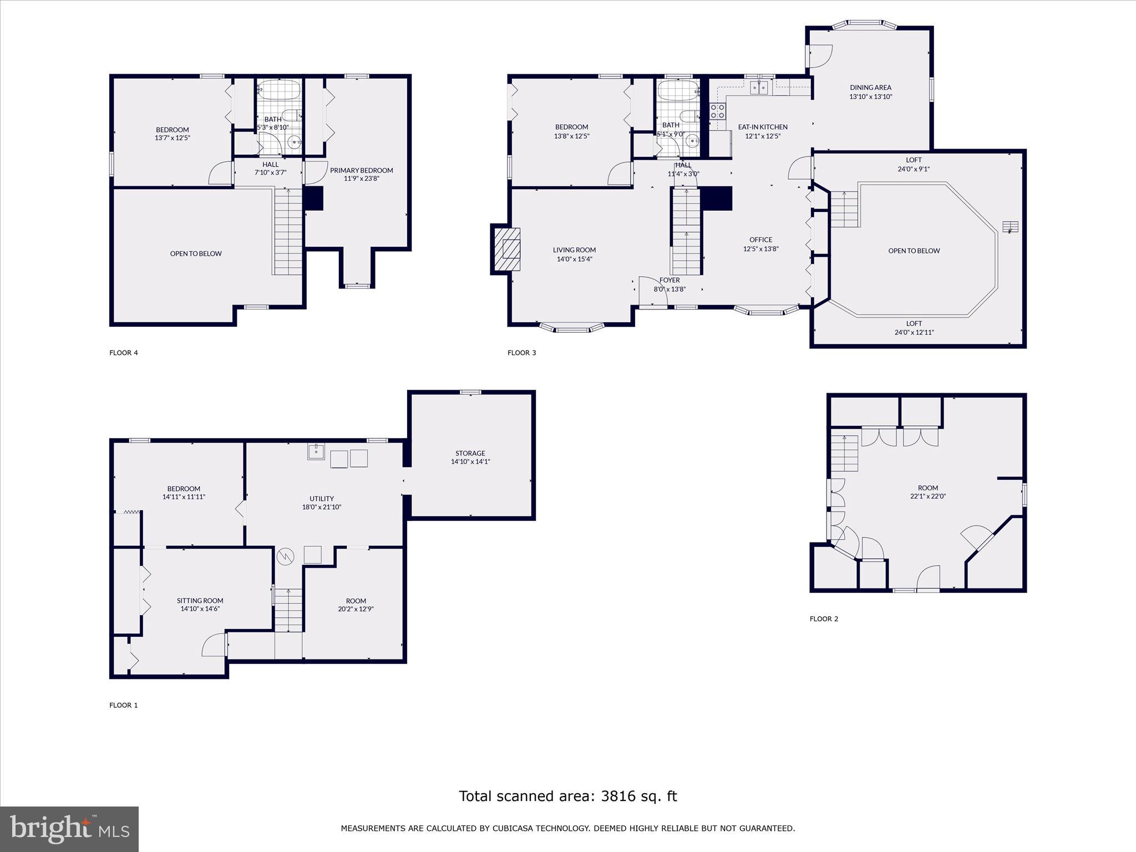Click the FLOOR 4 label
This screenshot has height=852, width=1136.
pyautogui.click(x=123, y=353)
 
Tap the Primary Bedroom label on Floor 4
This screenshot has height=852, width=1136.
pyautogui.click(x=361, y=170)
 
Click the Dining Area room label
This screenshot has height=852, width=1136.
pyautogui.click(x=870, y=88)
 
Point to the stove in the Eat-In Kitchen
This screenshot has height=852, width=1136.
pyautogui.click(x=718, y=111)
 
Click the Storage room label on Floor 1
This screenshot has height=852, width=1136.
pyautogui.click(x=470, y=453)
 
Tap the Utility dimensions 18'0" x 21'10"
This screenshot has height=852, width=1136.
pyautogui.click(x=322, y=507)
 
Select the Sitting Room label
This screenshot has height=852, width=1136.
pyautogui.click(x=200, y=601)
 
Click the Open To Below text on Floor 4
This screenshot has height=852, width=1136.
pyautogui.click(x=196, y=253)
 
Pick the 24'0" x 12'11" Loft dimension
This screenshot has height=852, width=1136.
pyautogui.click(x=914, y=333)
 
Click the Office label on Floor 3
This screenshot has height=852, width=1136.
pyautogui.click(x=760, y=240)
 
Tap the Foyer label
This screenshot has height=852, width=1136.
pyautogui.click(x=670, y=280)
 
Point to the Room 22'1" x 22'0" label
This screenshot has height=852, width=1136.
pyautogui.click(x=927, y=488)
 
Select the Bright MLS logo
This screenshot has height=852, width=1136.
pyautogui.click(x=69, y=829)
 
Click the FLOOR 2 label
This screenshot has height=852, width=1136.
pyautogui.click(x=824, y=619)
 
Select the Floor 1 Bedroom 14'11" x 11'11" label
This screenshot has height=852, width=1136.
pyautogui.click(x=184, y=489)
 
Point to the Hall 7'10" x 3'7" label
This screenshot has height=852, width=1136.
pyautogui.click(x=271, y=165)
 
